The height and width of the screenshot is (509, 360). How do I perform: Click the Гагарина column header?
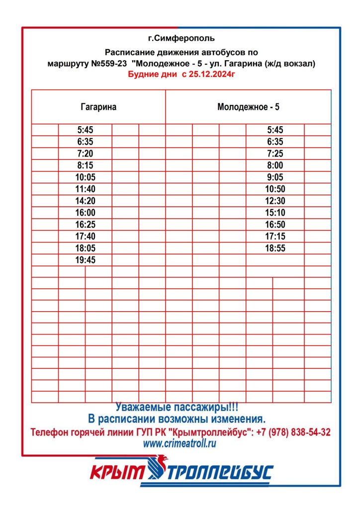(x=98, y=107)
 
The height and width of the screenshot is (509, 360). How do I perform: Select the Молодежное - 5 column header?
(x=248, y=107)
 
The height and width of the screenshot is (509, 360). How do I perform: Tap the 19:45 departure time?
(x=86, y=260)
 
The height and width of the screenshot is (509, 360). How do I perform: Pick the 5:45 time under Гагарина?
(x=86, y=130)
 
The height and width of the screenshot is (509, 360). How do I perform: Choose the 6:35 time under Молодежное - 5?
(x=275, y=142)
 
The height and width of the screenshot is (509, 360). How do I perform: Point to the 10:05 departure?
(x=86, y=177)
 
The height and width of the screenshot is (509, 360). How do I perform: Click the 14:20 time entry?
(x=86, y=201)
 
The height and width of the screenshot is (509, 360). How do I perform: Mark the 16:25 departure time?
(x=86, y=225)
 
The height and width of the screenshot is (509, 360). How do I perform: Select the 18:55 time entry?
(x=275, y=248)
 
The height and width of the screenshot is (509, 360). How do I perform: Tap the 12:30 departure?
(x=275, y=201)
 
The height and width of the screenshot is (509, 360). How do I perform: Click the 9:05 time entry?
(x=275, y=177)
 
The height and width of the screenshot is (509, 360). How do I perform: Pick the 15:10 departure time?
(x=275, y=213)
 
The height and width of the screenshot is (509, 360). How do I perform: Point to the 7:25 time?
(x=275, y=154)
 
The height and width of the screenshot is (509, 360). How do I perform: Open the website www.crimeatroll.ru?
(x=180, y=444)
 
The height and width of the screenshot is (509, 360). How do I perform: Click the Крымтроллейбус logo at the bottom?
(x=181, y=471)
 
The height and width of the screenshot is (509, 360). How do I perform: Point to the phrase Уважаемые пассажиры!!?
(x=180, y=407)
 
